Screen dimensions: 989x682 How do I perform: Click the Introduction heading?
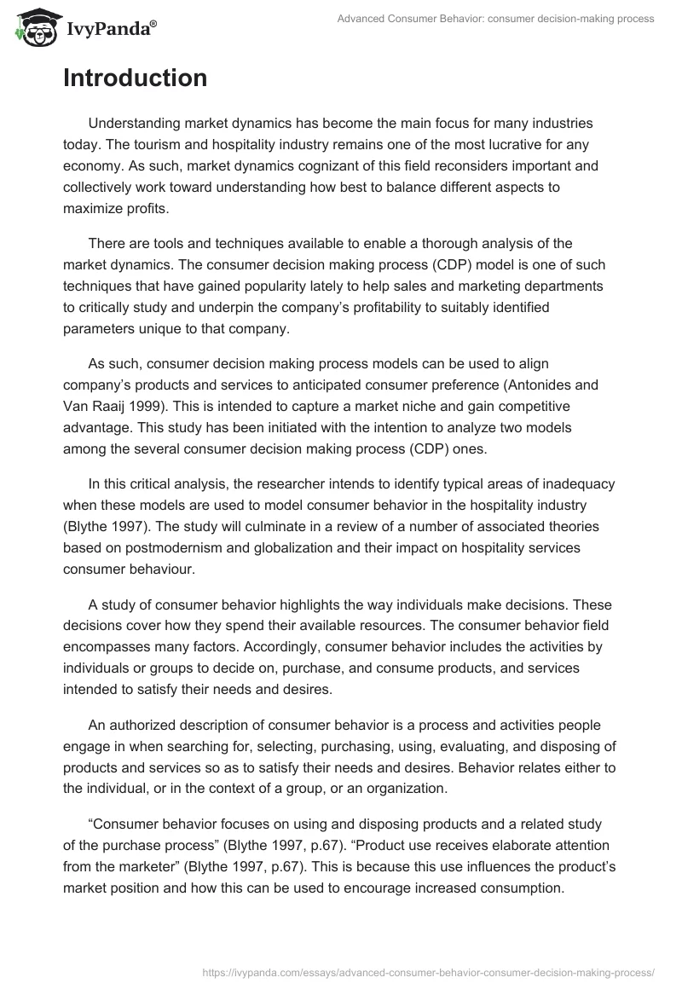coord(135,78)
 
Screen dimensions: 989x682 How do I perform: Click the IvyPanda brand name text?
coord(106,29)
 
